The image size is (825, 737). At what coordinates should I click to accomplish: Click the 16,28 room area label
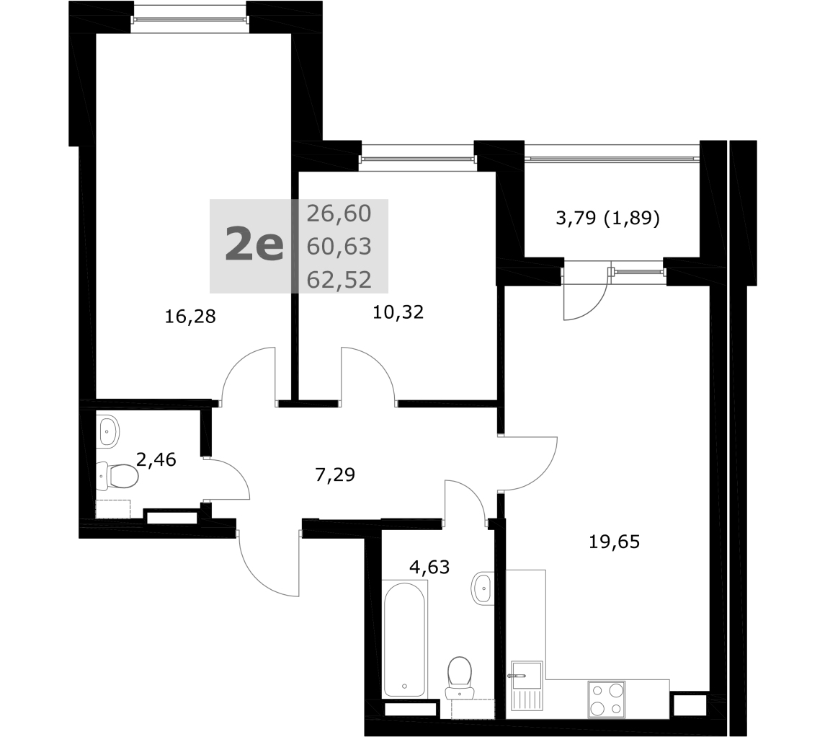pyautogui.click(x=190, y=317)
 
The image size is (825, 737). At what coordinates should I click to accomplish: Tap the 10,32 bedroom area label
pyautogui.click(x=398, y=312)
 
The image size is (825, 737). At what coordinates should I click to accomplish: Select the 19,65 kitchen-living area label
pyautogui.click(x=614, y=541)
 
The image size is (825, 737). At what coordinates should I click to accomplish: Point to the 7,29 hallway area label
pyautogui.click(x=335, y=475)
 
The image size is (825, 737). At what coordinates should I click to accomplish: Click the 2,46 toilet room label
pyautogui.click(x=156, y=459)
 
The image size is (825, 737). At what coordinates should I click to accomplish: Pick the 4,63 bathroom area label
pyautogui.click(x=429, y=567)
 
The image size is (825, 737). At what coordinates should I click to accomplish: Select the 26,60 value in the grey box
pyautogui.click(x=339, y=213)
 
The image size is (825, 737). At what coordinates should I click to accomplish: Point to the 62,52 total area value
pyautogui.click(x=339, y=280)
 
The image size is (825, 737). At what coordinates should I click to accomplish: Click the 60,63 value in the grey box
pyautogui.click(x=339, y=247)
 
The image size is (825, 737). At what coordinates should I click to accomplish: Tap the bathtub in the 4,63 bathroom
pyautogui.click(x=404, y=640)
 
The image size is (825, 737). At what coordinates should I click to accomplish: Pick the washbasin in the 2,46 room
pyautogui.click(x=108, y=432)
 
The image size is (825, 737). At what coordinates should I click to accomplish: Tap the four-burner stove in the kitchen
pyautogui.click(x=606, y=699)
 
